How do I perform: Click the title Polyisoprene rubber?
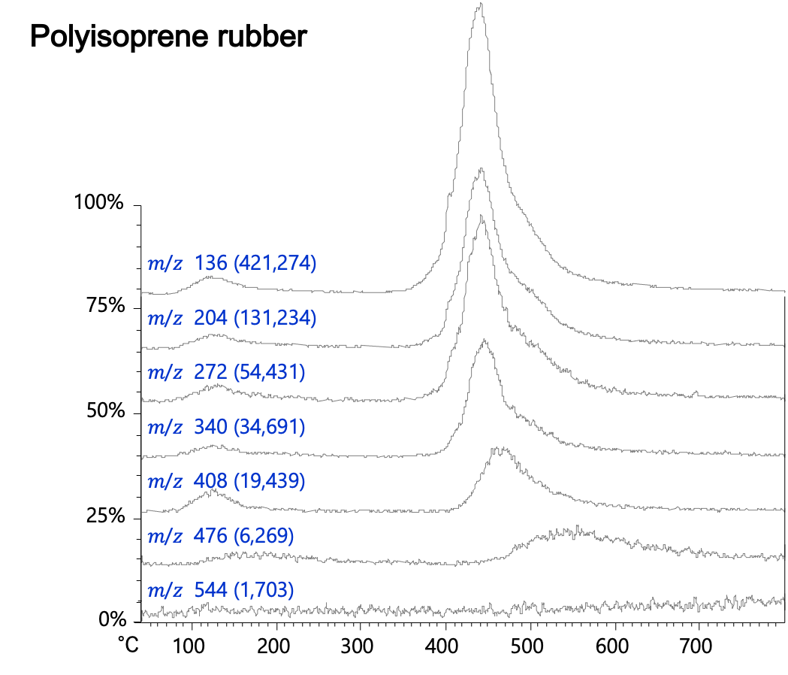[x=168, y=36]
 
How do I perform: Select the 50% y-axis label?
[x=102, y=412]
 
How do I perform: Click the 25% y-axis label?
[x=102, y=517]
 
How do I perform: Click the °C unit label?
[x=128, y=645]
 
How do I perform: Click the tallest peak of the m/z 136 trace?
[x=480, y=5]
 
